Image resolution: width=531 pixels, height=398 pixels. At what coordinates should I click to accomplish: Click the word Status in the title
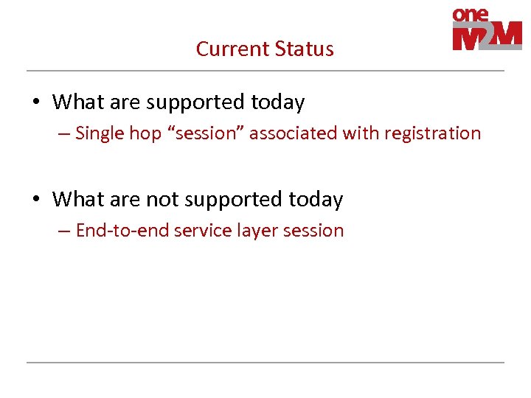pyautogui.click(x=304, y=49)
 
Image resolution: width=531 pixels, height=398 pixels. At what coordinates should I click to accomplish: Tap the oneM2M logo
pyautogui.click(x=487, y=29)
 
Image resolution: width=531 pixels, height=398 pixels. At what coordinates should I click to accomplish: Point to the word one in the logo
pyautogui.click(x=471, y=15)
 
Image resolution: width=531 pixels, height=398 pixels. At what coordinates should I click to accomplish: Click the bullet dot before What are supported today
pyautogui.click(x=38, y=102)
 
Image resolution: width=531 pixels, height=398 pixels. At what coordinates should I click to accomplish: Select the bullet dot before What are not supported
pyautogui.click(x=38, y=200)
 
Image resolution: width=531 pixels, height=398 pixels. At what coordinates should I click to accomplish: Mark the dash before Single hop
pyautogui.click(x=65, y=134)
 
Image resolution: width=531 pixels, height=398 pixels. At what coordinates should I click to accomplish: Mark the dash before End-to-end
pyautogui.click(x=65, y=231)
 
